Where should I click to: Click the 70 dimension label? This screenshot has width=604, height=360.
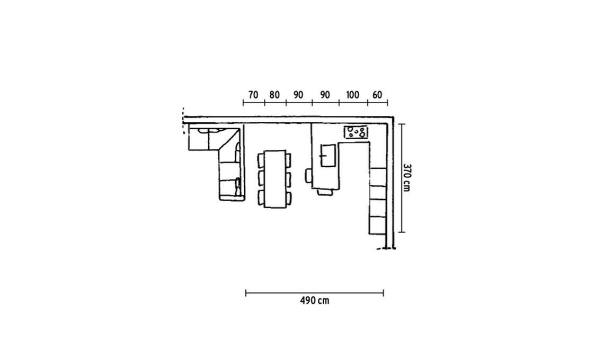coord(253,95)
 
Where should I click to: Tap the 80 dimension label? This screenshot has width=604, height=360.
coord(274,95)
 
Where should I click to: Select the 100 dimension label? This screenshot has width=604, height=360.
coord(352,95)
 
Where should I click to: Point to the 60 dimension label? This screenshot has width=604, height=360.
coord(377,95)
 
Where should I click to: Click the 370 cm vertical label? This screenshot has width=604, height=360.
coord(407,177)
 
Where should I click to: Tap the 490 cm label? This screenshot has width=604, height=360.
coord(315,300)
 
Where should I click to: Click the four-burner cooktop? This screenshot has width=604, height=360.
coord(356,132)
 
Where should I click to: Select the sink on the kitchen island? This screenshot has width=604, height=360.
coord(328,156)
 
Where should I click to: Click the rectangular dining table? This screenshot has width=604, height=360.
coord(275,179)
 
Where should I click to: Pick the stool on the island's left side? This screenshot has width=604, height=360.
coord(308,176)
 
